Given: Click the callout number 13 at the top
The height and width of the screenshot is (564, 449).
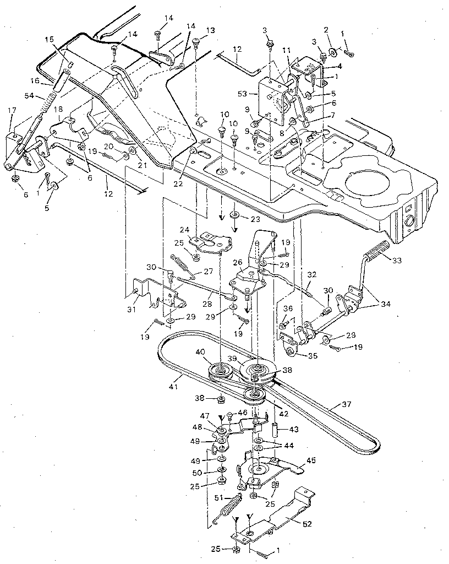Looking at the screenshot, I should tap(195, 30).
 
